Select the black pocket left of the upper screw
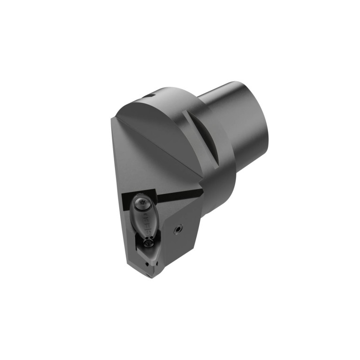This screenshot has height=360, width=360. coord(126,203)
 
